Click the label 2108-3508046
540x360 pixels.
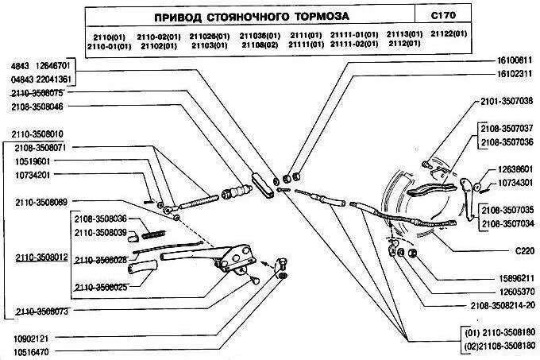(x=37, y=105)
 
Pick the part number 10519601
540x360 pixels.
(x=32, y=161)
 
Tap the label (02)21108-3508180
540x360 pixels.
(x=499, y=346)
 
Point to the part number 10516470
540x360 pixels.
(x=31, y=351)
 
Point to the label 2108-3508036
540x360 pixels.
(x=101, y=219)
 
